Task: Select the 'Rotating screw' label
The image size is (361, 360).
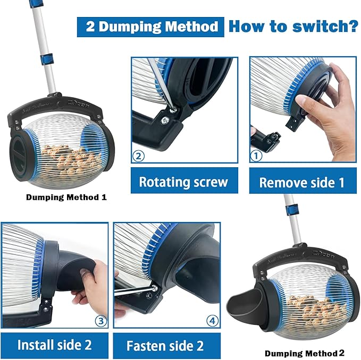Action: tap(183, 182)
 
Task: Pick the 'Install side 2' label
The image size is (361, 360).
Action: tap(54, 345)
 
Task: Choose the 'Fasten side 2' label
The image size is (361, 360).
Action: tap(165, 346)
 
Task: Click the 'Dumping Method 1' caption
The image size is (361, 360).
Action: tap(66, 198)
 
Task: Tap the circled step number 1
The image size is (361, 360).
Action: tap(257, 157)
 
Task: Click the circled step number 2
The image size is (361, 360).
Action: tap(139, 157)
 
